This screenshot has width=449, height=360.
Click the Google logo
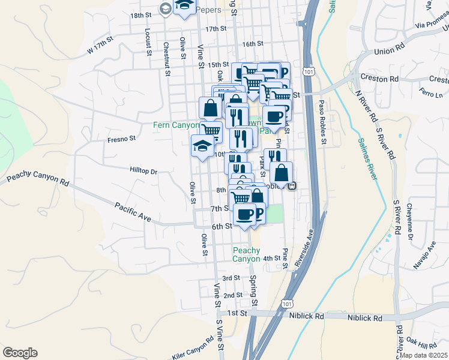[20, 353]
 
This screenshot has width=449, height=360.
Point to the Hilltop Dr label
[143, 171]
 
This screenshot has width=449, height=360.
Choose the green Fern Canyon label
[175, 125]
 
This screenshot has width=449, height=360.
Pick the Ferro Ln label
[431, 94]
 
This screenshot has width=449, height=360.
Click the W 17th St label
[100, 46]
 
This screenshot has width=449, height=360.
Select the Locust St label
[148, 41]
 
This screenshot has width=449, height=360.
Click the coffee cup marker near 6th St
[244, 214]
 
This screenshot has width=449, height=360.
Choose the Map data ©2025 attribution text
[424, 355]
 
